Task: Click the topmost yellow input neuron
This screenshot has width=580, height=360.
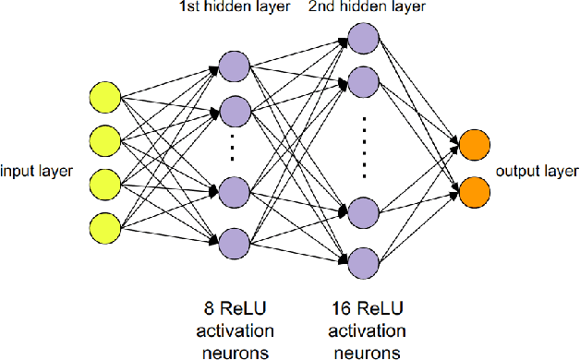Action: coord(104,96)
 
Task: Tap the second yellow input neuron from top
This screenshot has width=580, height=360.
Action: coord(104,139)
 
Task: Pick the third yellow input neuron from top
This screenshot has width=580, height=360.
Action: coord(104,182)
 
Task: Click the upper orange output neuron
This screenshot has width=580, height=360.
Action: coord(474,146)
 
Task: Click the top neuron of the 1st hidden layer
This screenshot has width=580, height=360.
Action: coord(235,67)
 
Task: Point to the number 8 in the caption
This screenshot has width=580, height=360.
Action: coord(206,305)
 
